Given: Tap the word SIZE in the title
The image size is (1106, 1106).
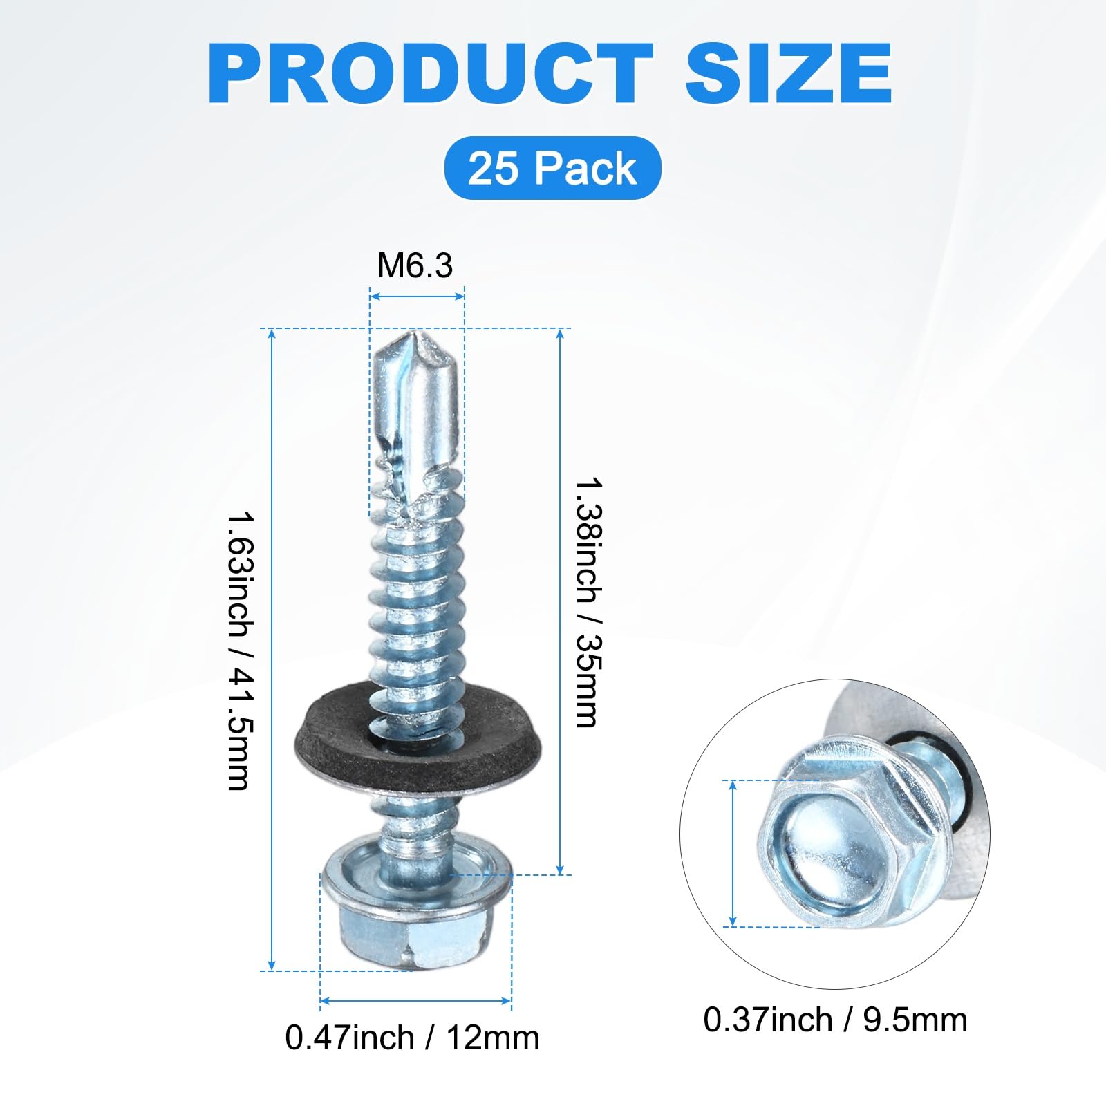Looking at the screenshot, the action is coord(789,74).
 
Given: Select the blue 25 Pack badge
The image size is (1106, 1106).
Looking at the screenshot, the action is coord(552,168).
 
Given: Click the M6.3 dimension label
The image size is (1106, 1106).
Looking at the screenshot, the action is coord(415,265).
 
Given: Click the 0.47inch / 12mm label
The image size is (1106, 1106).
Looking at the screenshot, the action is coord(412,1038).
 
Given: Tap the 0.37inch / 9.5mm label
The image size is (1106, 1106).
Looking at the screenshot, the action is coord(835,1020).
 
